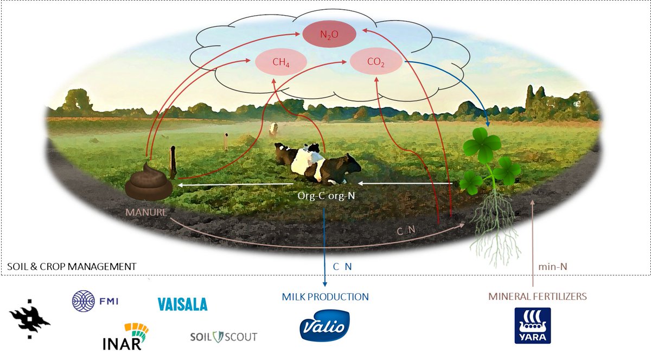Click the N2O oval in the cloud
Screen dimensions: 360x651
(x=329, y=35)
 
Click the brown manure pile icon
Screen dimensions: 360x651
(x=149, y=182)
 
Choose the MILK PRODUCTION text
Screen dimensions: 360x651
(x=325, y=297)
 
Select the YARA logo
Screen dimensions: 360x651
(x=532, y=325)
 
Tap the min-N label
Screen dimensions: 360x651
(x=552, y=266)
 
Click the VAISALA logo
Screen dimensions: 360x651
(x=182, y=304)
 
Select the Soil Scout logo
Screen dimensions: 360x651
(x=224, y=337)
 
